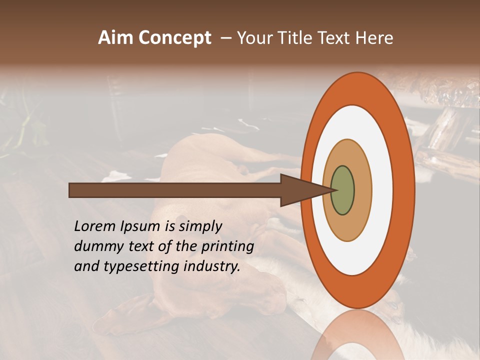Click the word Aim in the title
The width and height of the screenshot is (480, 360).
pos(115,38)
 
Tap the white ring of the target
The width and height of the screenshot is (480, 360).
pos(382,190)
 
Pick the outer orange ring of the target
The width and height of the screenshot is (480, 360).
pos(404,190)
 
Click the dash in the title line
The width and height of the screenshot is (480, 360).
pos(225,38)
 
